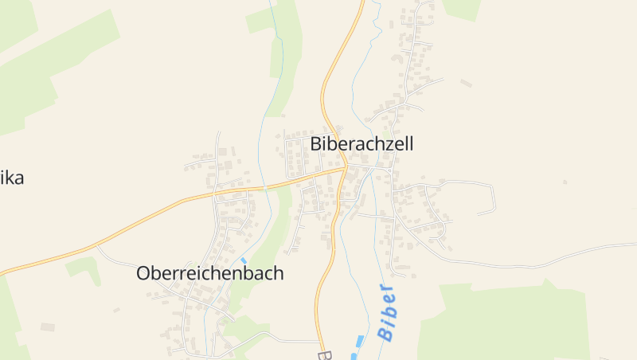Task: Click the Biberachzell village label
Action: [362, 144]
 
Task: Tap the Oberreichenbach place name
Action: [210, 273]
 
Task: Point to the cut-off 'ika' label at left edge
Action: [12, 178]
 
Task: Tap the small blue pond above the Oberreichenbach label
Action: [244, 260]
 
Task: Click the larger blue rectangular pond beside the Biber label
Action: [360, 342]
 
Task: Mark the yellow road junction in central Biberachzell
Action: [344, 168]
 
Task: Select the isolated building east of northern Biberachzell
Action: [466, 83]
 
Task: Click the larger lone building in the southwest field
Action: [48, 327]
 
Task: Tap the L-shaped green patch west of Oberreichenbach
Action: [84, 268]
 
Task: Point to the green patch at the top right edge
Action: [462, 8]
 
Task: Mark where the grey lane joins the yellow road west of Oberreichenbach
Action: [97, 247]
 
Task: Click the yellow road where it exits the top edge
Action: [361, 2]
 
